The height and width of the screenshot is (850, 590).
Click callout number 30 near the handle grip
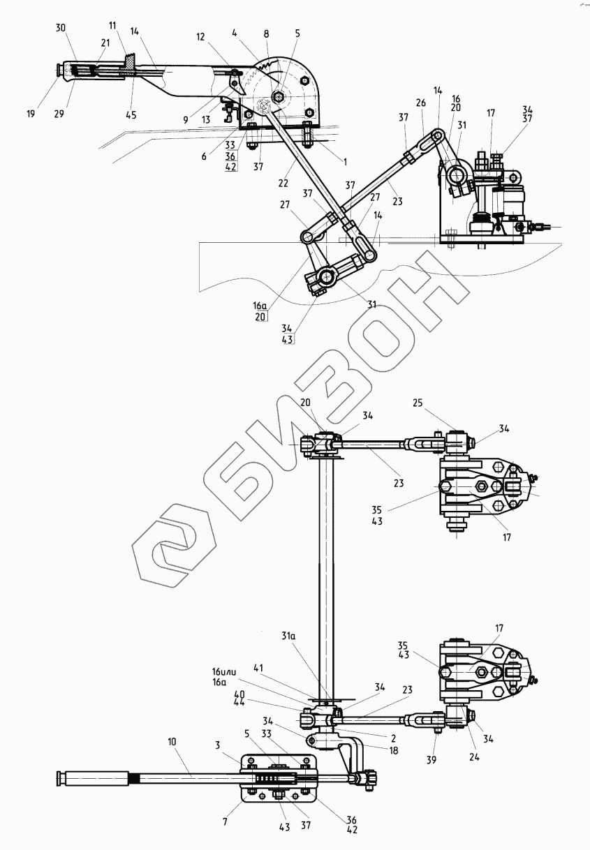pos(60,28)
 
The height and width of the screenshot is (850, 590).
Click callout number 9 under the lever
pos(185,119)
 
